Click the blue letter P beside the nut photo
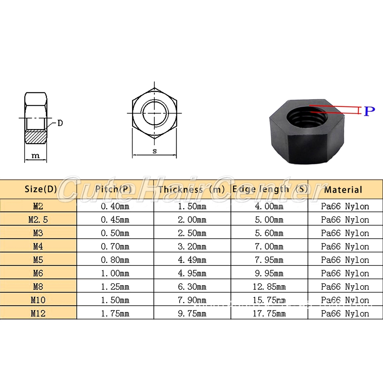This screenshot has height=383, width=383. coord(369,111)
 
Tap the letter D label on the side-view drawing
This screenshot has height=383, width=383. coord(60,123)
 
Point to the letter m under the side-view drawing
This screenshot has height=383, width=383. coord(36,155)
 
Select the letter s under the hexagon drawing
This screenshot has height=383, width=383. coord(155,151)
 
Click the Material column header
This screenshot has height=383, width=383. coord(343,190)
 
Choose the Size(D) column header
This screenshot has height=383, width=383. coord(41,189)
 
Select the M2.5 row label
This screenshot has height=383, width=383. coord(38,219)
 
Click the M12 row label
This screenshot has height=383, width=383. coord(38,313)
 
